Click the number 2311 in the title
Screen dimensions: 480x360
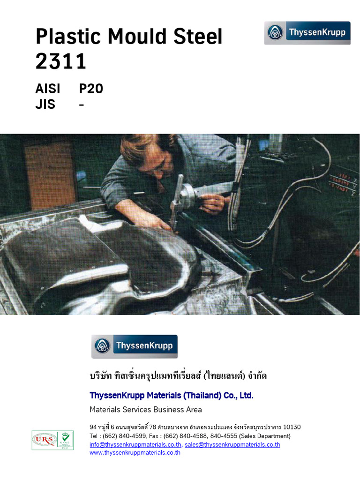(x=61, y=61)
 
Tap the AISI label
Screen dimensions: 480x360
(x=48, y=89)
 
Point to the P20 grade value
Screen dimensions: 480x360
(x=91, y=89)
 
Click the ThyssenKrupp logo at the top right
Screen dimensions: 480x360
(x=307, y=33)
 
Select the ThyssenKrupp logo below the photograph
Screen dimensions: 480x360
(x=135, y=346)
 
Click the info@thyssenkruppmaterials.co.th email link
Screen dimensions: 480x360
(x=135, y=444)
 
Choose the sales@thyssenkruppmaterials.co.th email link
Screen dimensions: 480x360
(x=232, y=444)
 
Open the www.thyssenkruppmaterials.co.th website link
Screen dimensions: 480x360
(x=135, y=452)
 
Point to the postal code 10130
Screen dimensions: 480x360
(x=292, y=427)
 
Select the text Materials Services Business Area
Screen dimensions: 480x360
(x=146, y=410)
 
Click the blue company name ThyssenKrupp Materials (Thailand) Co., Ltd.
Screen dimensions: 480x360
(x=172, y=396)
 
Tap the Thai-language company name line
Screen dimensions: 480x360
(x=178, y=376)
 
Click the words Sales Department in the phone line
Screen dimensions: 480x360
(x=268, y=436)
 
